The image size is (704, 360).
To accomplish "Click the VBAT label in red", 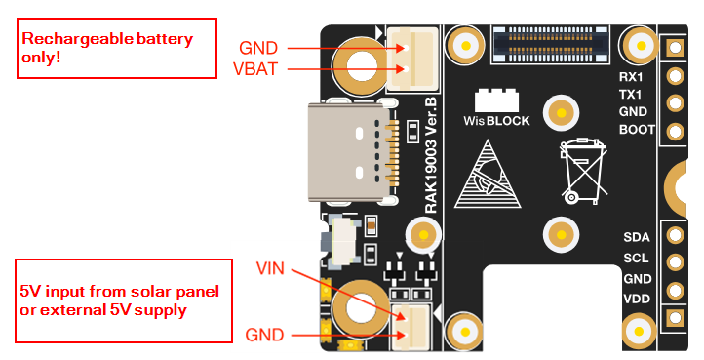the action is [255, 68].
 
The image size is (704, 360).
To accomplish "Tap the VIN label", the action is [270, 268].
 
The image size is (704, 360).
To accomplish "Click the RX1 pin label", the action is [631, 77].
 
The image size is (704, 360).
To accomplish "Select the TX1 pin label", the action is [630, 95].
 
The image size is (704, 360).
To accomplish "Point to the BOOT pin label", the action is [637, 130].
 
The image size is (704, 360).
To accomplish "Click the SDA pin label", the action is [637, 237].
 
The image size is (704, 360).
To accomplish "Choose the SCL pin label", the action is [636, 258].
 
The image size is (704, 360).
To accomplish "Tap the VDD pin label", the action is [637, 299].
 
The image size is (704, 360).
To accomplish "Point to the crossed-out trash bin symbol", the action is [583, 172].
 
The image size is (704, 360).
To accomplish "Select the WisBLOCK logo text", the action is [496, 120].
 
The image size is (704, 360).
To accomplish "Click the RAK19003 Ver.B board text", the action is [431, 155].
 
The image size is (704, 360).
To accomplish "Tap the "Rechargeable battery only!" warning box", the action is [117, 48].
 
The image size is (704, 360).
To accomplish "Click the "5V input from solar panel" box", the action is [124, 300].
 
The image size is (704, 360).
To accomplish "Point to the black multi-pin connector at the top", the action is [550, 45].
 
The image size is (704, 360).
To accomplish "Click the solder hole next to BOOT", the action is [675, 132].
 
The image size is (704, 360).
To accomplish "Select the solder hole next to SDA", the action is [675, 234].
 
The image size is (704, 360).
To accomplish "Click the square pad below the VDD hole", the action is [675, 318].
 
